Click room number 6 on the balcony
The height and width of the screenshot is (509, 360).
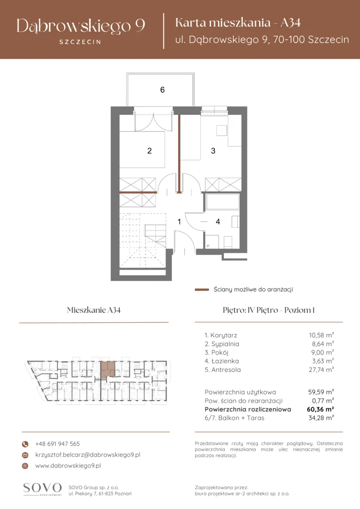(x=162, y=90)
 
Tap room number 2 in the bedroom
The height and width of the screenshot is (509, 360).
(x=149, y=151)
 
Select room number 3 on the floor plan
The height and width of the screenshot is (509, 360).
(x=213, y=151)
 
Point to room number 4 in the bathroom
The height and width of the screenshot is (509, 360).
(x=218, y=222)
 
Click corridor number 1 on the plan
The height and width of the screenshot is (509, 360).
(x=179, y=222)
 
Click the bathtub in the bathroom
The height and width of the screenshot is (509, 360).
(x=222, y=202)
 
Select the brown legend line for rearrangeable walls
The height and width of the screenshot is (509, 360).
(x=202, y=289)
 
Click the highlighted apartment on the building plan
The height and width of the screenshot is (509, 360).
(x=107, y=369)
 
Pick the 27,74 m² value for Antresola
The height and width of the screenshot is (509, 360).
(x=321, y=369)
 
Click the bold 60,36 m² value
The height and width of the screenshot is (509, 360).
(x=320, y=410)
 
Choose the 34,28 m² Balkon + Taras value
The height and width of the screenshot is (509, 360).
(x=321, y=418)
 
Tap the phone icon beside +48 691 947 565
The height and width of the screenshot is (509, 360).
(x=25, y=444)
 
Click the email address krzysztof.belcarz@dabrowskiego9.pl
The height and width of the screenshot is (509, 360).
(x=88, y=455)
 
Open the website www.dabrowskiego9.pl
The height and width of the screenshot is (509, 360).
(x=68, y=466)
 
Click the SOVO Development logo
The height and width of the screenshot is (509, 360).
(x=42, y=489)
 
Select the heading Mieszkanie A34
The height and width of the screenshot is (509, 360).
(x=94, y=310)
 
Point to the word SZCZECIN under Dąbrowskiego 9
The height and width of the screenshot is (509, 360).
(x=80, y=42)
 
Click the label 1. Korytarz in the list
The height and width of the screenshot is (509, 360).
(x=221, y=336)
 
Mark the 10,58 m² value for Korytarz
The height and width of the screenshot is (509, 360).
(x=321, y=335)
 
